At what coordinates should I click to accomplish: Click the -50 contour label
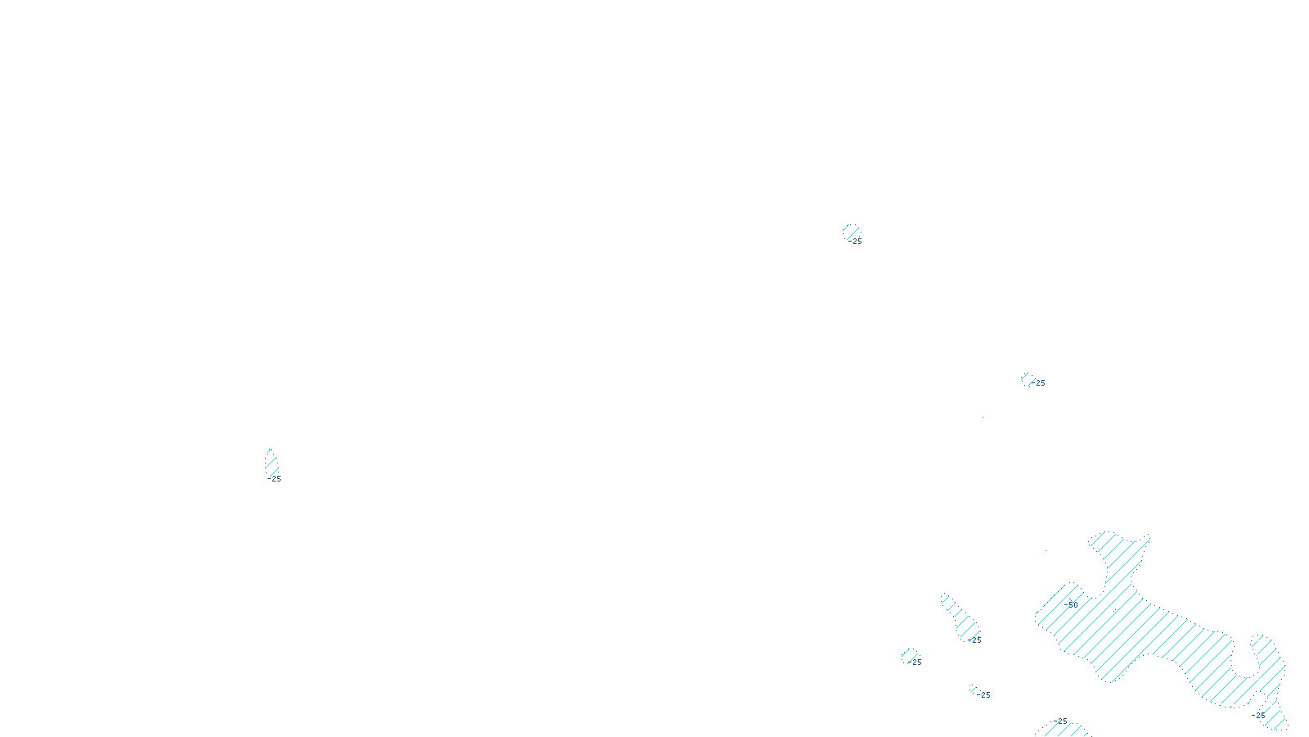[1073, 605]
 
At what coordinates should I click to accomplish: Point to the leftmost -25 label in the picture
[274, 479]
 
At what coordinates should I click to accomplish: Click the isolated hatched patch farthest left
[271, 463]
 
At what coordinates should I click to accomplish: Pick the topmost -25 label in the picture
[855, 242]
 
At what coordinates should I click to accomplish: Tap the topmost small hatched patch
[851, 231]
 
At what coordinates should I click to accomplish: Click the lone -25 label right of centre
[1038, 383]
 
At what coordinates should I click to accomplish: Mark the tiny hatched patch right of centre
[1027, 378]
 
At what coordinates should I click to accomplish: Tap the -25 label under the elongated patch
[974, 640]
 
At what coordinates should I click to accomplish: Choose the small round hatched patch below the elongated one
[909, 655]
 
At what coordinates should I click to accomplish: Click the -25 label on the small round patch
[915, 662]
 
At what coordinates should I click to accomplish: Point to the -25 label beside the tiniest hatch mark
[983, 695]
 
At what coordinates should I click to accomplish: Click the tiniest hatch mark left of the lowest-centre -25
[974, 690]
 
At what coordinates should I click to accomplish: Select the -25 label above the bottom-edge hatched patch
[1060, 721]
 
